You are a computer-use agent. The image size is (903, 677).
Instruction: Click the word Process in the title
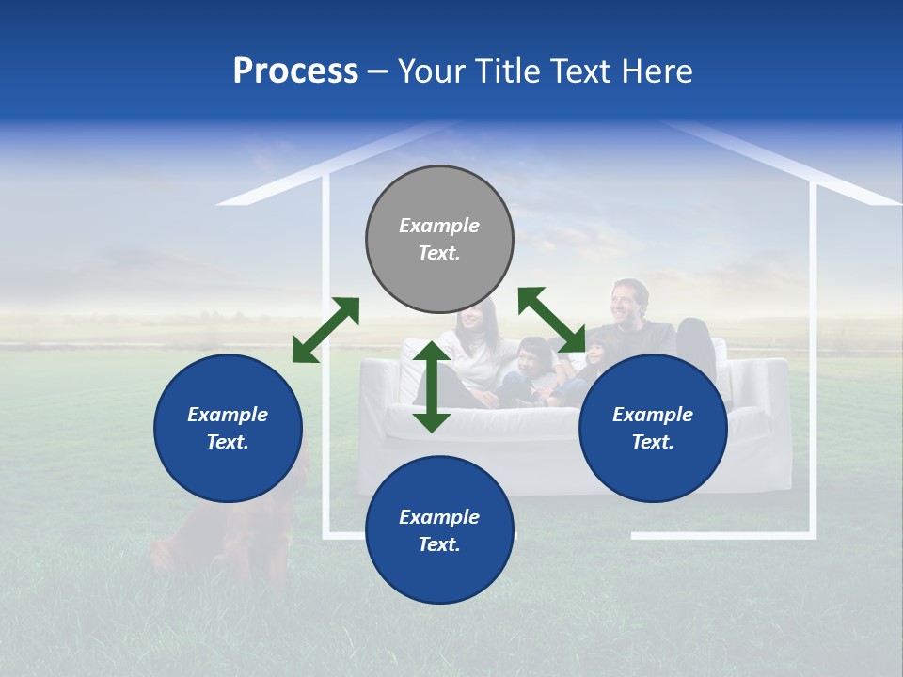tap(295, 71)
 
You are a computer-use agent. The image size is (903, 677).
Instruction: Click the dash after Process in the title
tap(377, 73)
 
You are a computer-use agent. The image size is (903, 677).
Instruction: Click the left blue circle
tap(228, 428)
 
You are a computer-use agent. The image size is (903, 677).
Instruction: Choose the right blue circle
tap(653, 428)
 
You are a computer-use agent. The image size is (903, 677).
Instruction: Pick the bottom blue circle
tap(439, 530)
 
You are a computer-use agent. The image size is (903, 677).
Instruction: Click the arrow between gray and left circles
tap(325, 330)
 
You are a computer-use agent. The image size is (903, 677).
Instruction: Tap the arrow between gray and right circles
tap(552, 321)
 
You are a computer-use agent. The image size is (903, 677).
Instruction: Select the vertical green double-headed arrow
tap(432, 386)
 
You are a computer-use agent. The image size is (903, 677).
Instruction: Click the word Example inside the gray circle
tap(439, 226)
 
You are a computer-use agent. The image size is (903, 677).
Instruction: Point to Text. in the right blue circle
tap(653, 442)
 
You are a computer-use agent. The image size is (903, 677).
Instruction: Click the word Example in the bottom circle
tap(439, 516)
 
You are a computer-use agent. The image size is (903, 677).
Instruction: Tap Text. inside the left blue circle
tap(228, 442)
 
